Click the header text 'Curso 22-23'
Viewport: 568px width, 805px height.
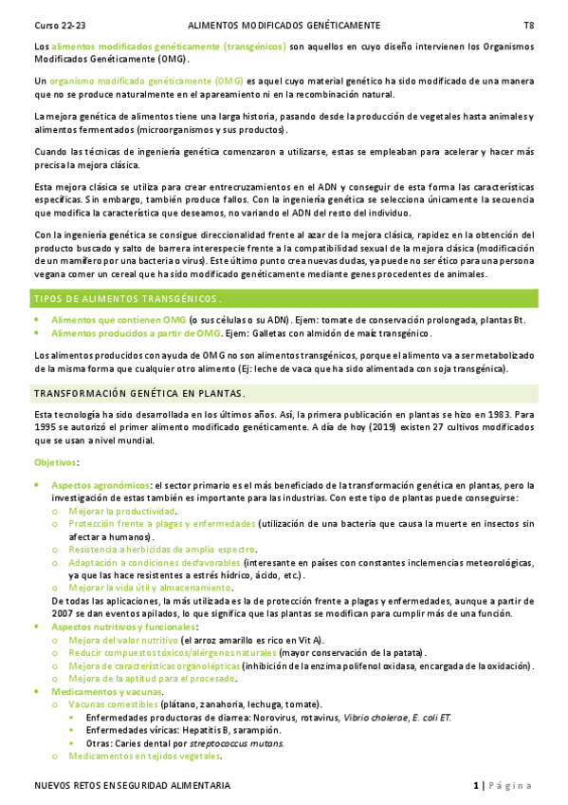pos(58,25)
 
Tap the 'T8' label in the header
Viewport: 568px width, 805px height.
pos(529,25)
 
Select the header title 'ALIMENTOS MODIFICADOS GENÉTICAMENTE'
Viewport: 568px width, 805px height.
pos(284,25)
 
